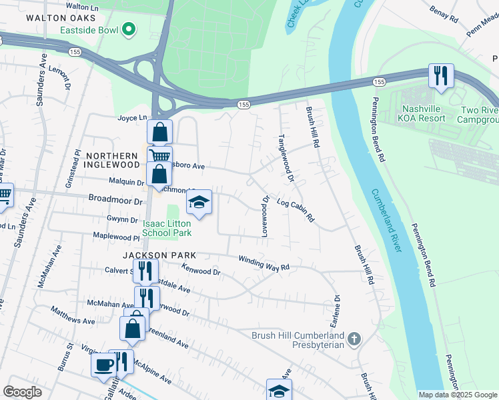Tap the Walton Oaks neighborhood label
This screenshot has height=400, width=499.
tap(57, 19)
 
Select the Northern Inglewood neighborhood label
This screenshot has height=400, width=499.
tap(111, 161)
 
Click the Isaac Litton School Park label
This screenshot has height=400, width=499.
tap(167, 228)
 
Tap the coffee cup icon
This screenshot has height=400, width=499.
tap(103, 364)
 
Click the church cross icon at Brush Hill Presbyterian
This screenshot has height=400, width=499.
tap(354, 339)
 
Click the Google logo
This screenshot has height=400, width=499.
tap(22, 392)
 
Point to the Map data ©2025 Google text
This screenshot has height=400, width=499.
tap(458, 395)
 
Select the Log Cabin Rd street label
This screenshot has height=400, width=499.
tap(295, 211)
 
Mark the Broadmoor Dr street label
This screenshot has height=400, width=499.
tap(116, 200)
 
